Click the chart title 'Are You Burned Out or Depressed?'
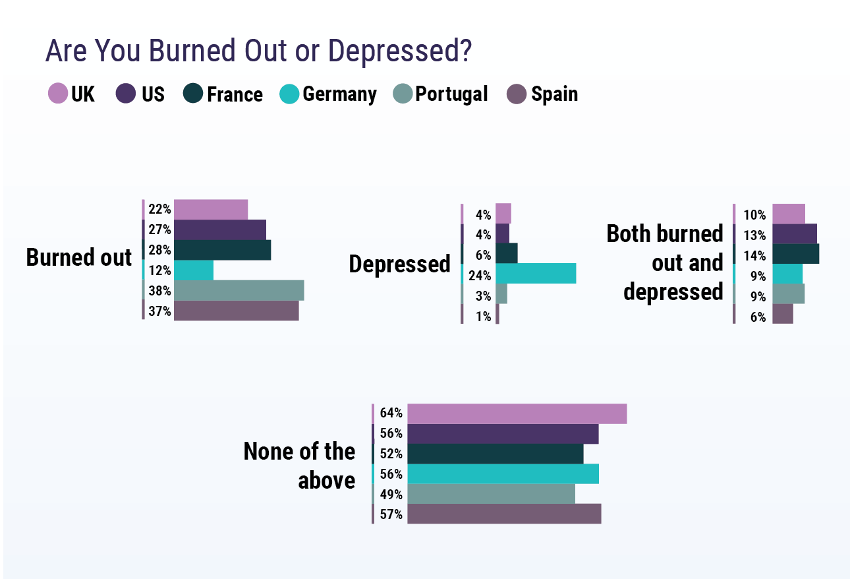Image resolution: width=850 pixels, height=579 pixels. point(258,51)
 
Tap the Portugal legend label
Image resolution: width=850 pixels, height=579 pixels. point(451,94)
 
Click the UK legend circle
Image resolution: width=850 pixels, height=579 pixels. point(58,94)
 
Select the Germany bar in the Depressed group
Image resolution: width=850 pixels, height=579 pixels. point(536,274)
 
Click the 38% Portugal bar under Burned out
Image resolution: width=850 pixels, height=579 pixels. point(239,290)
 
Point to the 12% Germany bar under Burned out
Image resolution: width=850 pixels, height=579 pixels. point(194,270)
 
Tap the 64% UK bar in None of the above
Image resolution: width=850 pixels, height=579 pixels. point(517,413)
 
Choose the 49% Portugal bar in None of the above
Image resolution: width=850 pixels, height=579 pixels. point(491,494)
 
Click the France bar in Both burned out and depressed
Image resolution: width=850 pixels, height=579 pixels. point(795,254)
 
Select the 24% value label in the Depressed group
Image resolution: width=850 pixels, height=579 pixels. point(480,276)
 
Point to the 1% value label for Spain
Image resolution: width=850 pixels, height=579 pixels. point(484,317)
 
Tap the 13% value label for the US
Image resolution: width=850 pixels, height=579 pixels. point(754,235)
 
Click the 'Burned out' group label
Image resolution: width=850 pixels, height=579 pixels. point(79,257)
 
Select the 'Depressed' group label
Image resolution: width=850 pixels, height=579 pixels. point(399,264)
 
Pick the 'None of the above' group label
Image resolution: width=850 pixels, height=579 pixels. point(299,466)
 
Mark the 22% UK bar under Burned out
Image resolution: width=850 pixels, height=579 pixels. point(211,210)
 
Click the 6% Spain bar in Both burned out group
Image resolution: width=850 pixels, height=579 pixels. point(782,314)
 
